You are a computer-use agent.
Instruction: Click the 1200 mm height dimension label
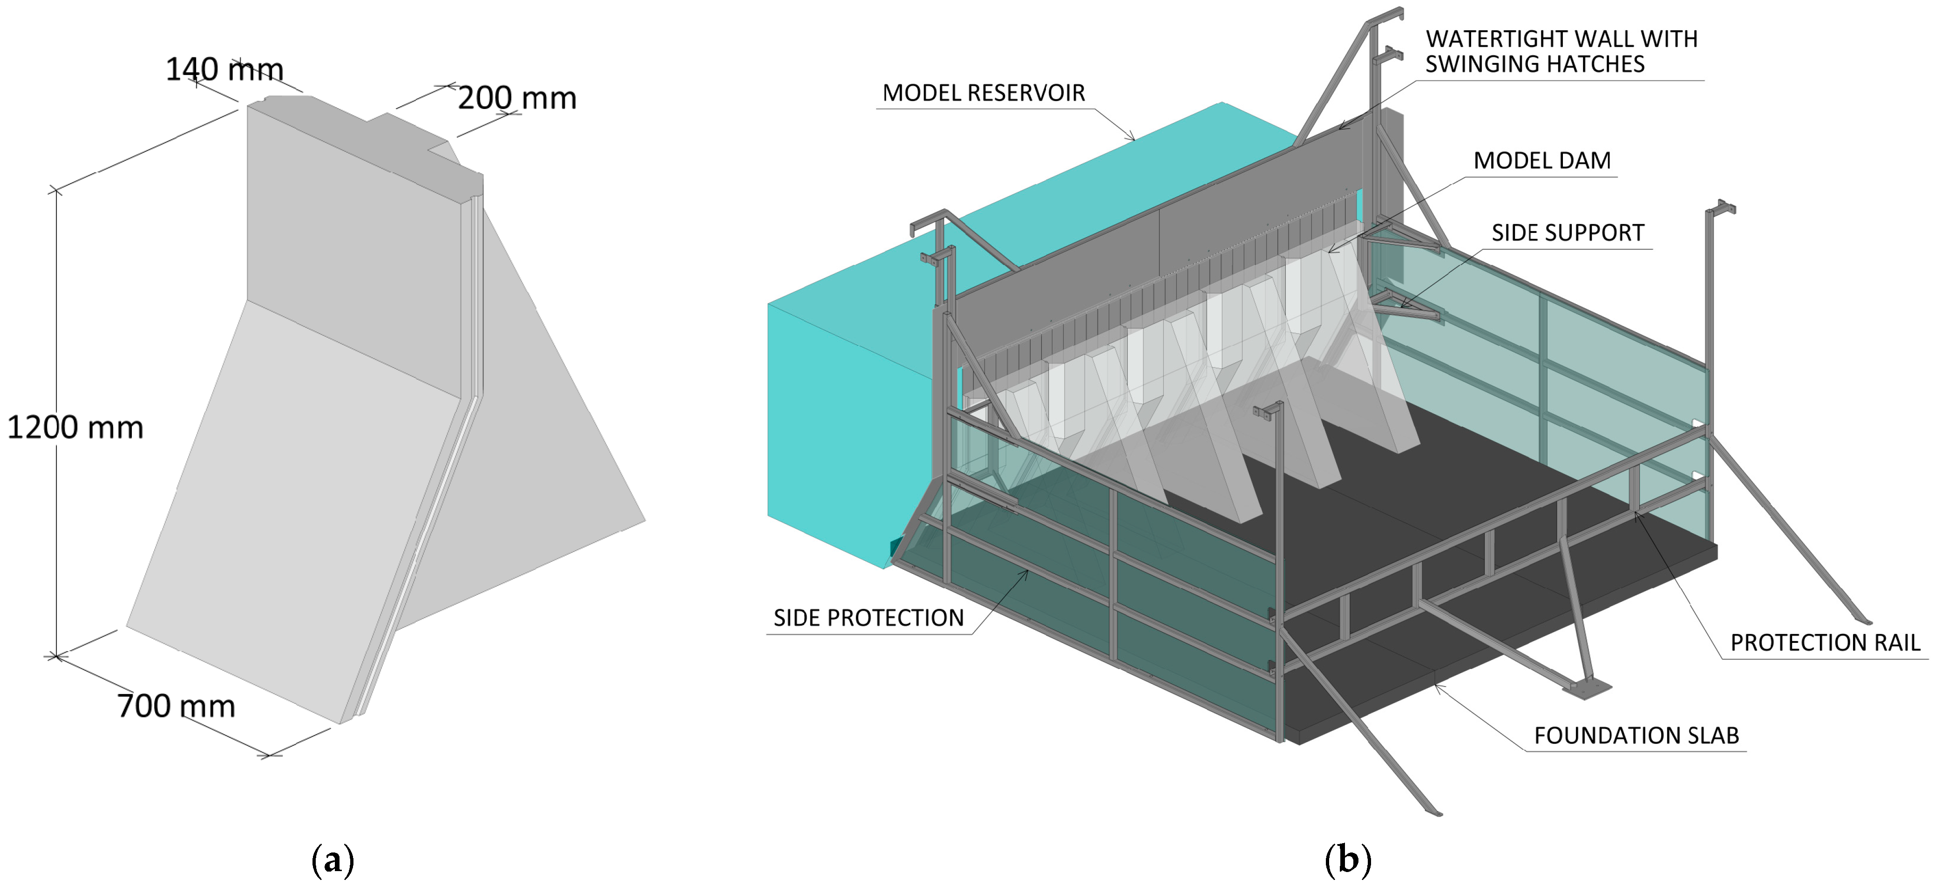(75, 428)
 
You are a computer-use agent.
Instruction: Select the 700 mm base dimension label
(177, 706)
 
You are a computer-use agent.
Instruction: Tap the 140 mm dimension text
(224, 69)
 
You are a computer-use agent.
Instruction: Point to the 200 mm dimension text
(517, 98)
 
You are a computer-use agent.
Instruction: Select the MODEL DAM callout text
(1541, 161)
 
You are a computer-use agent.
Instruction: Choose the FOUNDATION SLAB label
(1636, 736)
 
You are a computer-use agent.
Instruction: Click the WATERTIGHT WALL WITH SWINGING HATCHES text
(1561, 51)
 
